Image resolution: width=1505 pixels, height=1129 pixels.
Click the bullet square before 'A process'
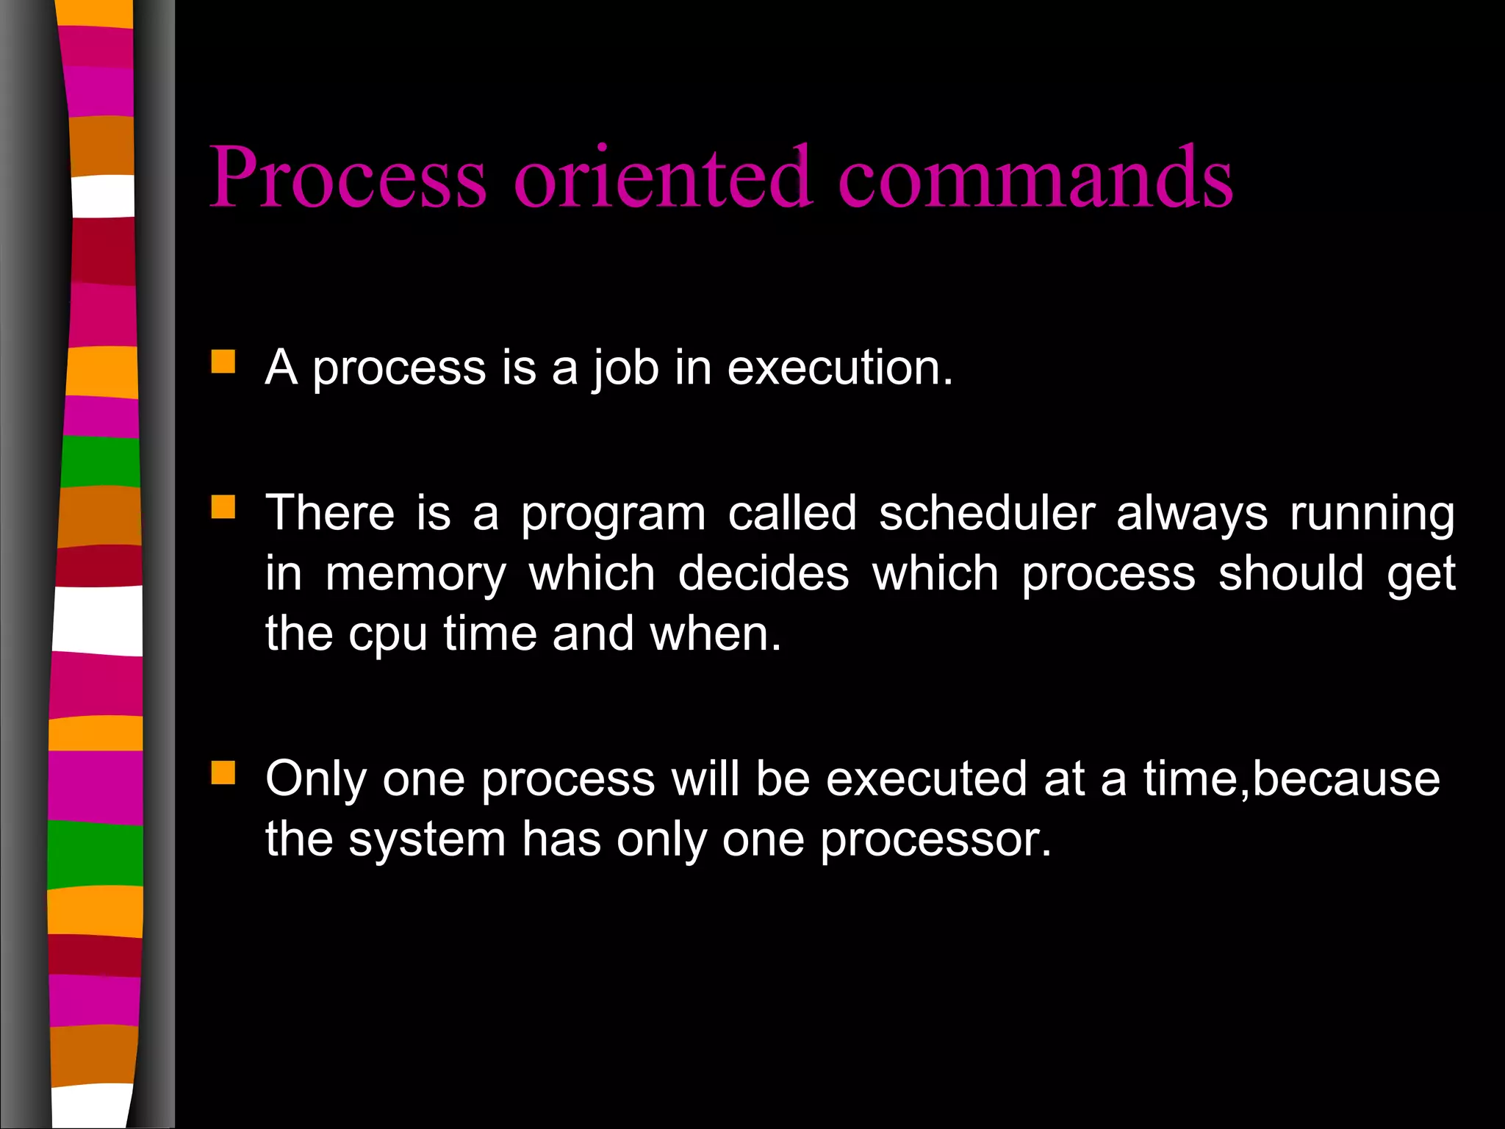pyautogui.click(x=223, y=362)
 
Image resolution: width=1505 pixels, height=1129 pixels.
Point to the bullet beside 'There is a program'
pyautogui.click(x=223, y=507)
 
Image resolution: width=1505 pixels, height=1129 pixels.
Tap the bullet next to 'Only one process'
pyautogui.click(x=223, y=773)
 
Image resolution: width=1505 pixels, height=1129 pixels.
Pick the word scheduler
pyautogui.click(x=987, y=513)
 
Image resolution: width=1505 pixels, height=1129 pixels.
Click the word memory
pyautogui.click(x=416, y=574)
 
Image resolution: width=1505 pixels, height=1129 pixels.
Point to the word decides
pyautogui.click(x=763, y=574)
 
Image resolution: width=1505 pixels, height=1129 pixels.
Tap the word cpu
pyautogui.click(x=387, y=634)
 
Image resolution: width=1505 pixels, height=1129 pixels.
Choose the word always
pyautogui.click(x=1192, y=513)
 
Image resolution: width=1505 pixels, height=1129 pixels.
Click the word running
pyautogui.click(x=1372, y=513)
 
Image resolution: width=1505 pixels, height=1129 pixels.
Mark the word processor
pyautogui.click(x=935, y=839)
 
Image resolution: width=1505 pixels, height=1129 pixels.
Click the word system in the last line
pyautogui.click(x=427, y=839)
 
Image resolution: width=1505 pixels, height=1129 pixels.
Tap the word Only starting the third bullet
pyautogui.click(x=316, y=778)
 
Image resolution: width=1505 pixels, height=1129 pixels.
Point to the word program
pyautogui.click(x=614, y=513)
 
